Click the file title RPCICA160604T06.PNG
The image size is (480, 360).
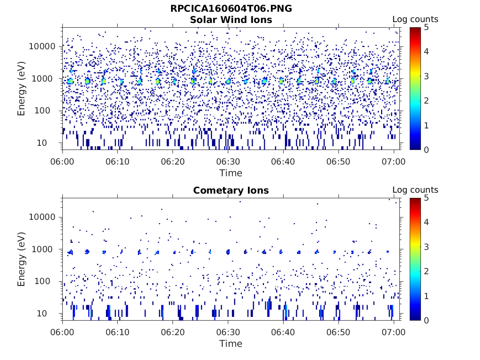tap(231, 8)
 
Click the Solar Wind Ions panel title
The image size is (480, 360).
tap(231, 20)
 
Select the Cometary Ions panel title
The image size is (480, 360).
tap(231, 190)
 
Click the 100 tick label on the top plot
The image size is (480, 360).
tap(48, 111)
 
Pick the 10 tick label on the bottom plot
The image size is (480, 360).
tap(51, 313)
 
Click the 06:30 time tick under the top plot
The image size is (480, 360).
tap(228, 161)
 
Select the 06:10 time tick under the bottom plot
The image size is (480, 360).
tap(118, 332)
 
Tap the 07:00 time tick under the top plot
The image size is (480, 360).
tap(394, 161)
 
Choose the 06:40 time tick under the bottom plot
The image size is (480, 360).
tap(283, 332)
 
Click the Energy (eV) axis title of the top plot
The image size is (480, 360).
tap(22, 89)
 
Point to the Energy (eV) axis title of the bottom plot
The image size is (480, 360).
tap(22, 259)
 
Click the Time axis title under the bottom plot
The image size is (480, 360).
tap(231, 344)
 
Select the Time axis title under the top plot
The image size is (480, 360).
tap(231, 173)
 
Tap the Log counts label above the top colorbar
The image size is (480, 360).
tap(415, 19)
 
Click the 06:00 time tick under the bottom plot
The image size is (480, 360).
tap(63, 332)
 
